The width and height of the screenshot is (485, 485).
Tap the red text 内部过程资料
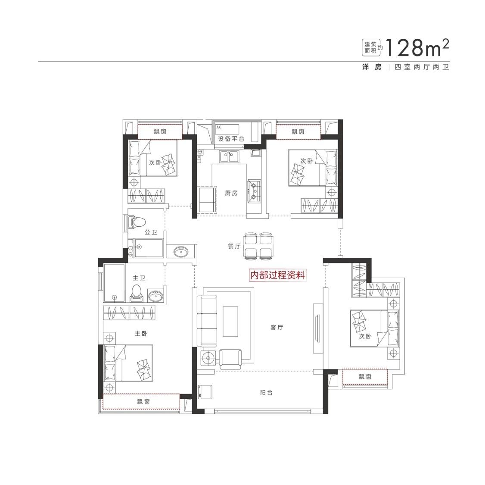point(277,275)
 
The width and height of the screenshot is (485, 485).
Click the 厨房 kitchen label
point(231,193)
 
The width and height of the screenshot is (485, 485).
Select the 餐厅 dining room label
point(234,246)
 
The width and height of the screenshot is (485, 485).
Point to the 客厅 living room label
point(277,328)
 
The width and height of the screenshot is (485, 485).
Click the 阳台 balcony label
point(266,393)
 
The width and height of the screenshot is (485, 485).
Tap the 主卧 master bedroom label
point(141,333)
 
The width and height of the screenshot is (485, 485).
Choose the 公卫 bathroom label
point(151,232)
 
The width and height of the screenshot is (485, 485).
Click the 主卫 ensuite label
point(139,278)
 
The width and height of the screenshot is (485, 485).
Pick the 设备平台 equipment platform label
point(231,139)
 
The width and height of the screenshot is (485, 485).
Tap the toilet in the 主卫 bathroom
point(137,293)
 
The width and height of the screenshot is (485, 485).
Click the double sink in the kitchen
point(229,156)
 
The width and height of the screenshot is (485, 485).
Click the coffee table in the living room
point(230,321)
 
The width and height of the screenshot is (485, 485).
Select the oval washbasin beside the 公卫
point(180,252)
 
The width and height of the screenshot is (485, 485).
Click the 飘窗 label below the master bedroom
point(143,401)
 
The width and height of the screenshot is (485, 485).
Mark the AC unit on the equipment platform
point(227,129)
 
